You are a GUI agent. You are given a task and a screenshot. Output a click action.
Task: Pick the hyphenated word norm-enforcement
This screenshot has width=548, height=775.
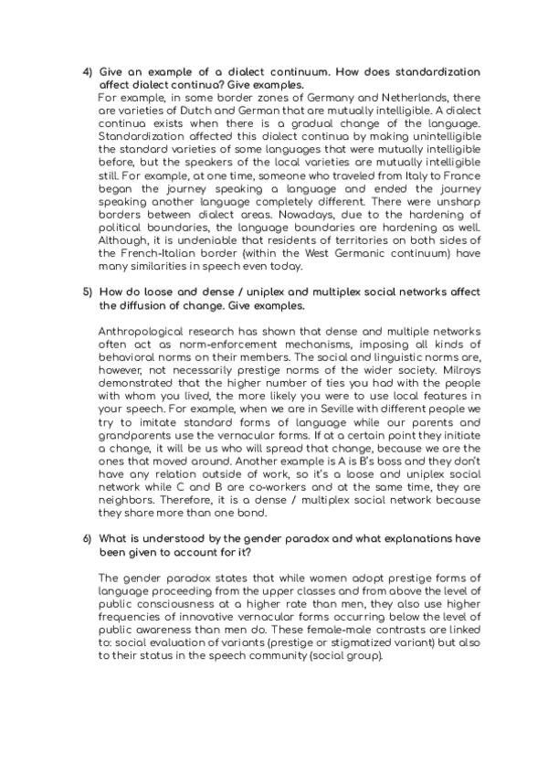pos(205,340)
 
